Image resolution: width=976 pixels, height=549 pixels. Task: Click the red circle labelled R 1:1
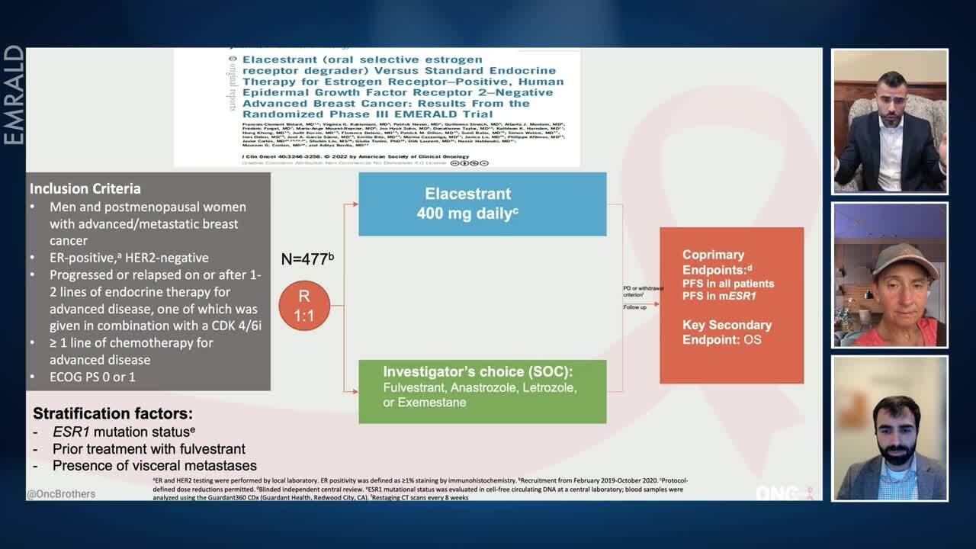(304, 305)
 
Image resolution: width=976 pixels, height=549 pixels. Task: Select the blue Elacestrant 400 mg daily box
(482, 204)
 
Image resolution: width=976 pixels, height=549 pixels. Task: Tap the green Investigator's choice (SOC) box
(482, 391)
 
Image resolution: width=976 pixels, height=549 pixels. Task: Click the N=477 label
(307, 259)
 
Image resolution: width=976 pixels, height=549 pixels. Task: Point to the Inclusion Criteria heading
(85, 188)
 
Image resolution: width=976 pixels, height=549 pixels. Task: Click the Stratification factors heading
(113, 414)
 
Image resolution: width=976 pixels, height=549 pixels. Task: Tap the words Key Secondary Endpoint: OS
(727, 332)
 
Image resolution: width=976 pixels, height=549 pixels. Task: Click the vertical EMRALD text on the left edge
(14, 95)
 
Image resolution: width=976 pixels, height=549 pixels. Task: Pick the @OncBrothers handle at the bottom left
(61, 494)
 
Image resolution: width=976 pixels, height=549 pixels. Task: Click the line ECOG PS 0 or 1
(92, 377)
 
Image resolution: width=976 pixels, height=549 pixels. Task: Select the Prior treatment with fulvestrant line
(149, 449)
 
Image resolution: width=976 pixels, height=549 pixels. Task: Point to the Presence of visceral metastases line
(154, 465)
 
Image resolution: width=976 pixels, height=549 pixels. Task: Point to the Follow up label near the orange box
(634, 307)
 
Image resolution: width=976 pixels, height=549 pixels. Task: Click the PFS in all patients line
(728, 284)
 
